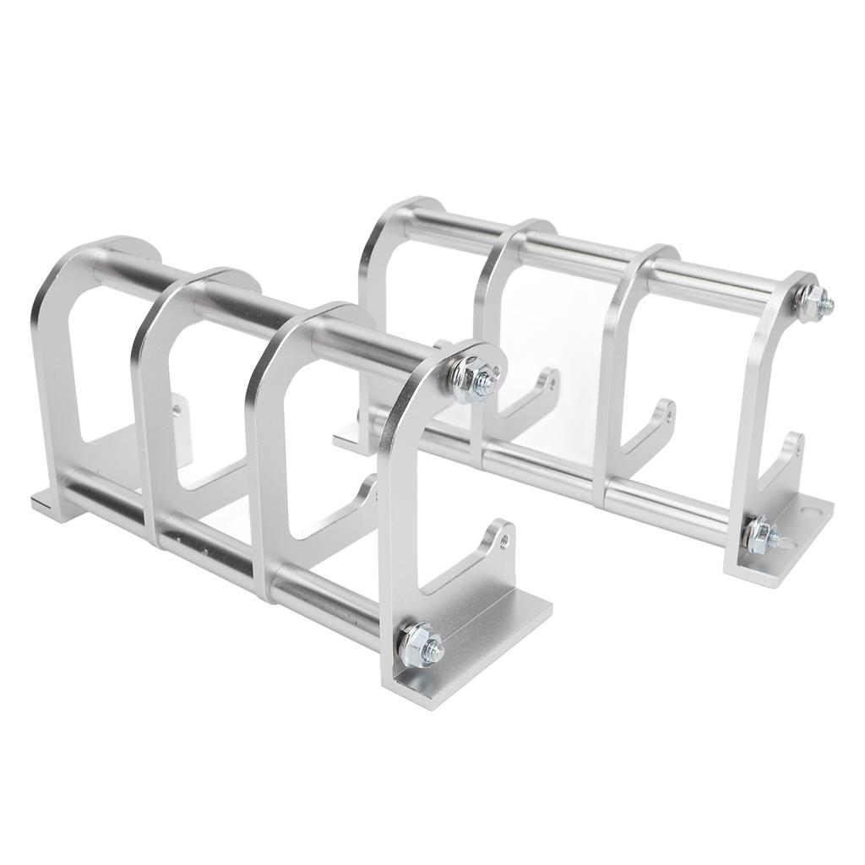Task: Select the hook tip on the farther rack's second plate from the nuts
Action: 667,410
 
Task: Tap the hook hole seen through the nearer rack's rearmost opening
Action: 177,410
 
